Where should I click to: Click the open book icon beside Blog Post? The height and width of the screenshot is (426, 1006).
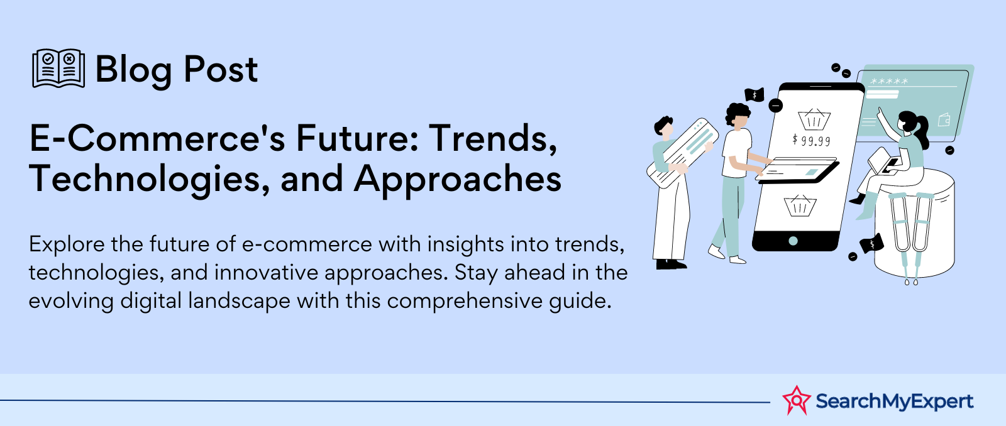[58, 68]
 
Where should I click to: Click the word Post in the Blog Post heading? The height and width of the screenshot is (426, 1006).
[221, 70]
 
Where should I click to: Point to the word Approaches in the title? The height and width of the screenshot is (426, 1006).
[458, 179]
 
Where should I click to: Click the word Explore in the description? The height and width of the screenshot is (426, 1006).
[67, 244]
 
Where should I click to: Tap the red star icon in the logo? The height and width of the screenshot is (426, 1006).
[797, 400]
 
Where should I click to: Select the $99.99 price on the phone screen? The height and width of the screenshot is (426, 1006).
[812, 141]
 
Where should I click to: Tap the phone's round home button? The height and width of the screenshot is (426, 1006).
[793, 241]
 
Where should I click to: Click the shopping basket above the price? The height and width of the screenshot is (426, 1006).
[814, 119]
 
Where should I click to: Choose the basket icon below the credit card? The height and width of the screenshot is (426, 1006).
[800, 205]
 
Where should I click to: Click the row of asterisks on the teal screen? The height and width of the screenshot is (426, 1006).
[889, 82]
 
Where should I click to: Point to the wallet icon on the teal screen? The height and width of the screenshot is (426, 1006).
[944, 119]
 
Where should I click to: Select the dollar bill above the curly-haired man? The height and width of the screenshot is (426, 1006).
[754, 95]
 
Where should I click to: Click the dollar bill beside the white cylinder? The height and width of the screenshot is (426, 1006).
[871, 244]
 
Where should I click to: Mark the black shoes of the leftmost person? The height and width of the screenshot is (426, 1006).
[671, 264]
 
